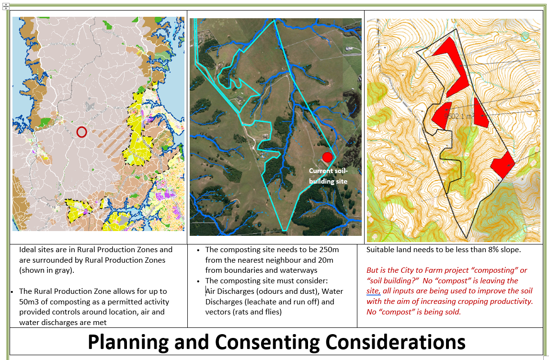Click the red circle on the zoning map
click(x=81, y=132)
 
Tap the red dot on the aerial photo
click(x=327, y=157)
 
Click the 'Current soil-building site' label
click(x=328, y=176)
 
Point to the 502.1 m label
click(x=458, y=116)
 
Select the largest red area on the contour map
click(x=452, y=67)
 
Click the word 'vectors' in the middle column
click(x=218, y=312)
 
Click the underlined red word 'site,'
click(x=373, y=291)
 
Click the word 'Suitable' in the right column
click(x=381, y=250)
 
